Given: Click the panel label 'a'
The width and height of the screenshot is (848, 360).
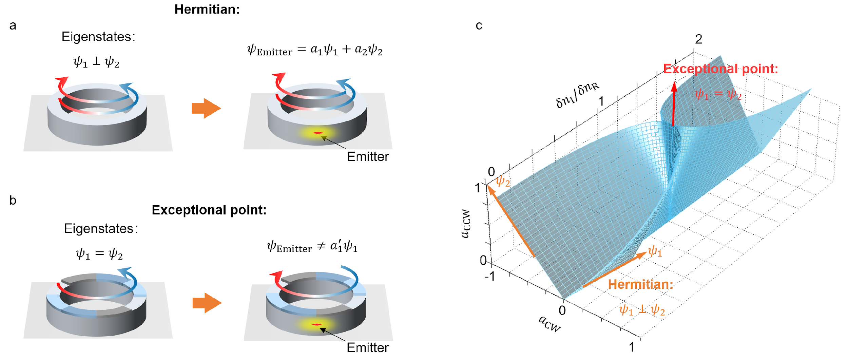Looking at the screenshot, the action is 13,25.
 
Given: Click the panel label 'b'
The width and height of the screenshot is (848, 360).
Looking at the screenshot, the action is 13,200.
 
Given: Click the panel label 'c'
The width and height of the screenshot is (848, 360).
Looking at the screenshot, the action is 479,25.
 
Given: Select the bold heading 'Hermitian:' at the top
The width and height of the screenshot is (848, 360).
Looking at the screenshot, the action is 207,9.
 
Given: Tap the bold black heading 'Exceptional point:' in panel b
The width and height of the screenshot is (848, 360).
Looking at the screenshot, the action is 209,210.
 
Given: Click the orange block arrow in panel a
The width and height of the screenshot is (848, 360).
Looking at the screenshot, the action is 206,109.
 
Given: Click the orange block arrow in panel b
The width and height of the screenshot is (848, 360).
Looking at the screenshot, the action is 207,303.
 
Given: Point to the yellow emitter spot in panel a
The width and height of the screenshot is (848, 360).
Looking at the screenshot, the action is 317,133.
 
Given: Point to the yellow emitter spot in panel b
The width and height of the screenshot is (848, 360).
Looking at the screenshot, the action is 316,325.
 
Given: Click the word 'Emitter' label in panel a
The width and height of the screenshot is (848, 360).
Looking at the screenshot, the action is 368,156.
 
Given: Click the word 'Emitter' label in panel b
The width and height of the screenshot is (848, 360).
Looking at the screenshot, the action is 368,347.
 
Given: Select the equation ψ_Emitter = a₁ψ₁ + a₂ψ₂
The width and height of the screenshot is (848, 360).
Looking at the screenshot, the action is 315,50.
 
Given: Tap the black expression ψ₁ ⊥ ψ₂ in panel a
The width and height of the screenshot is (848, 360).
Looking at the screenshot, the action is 96,62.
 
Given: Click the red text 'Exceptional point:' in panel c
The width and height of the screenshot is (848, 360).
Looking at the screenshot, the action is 721,69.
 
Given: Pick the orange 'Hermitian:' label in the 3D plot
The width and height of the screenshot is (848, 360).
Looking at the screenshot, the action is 640,284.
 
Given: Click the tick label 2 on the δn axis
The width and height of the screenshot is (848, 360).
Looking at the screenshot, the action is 698,39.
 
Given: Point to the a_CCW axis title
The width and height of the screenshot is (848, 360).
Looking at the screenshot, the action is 466,224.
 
